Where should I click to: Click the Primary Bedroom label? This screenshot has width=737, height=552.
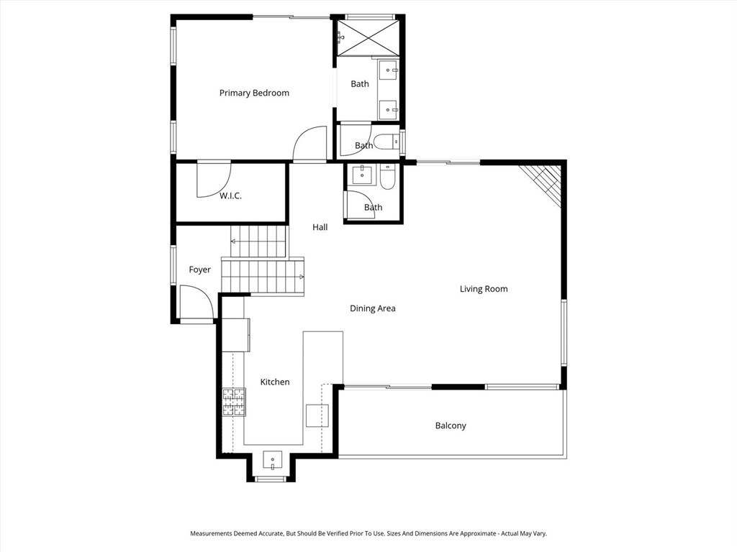[254, 93]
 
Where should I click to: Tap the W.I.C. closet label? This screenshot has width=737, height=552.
[230, 195]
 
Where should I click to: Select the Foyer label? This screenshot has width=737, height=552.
[200, 270]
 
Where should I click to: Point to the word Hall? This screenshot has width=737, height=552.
[320, 227]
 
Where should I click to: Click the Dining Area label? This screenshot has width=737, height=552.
[373, 308]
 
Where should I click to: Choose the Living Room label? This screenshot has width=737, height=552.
[484, 289]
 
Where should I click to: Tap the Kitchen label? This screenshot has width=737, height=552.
[275, 382]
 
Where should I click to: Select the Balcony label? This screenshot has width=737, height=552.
[451, 426]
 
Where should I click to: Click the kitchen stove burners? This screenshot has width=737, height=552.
[234, 402]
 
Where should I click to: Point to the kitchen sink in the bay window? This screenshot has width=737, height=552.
[272, 459]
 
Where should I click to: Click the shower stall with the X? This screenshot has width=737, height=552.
[368, 37]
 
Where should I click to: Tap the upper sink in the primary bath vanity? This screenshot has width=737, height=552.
[389, 71]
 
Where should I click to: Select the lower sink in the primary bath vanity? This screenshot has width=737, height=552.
[389, 110]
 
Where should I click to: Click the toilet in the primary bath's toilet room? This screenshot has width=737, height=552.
[387, 142]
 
